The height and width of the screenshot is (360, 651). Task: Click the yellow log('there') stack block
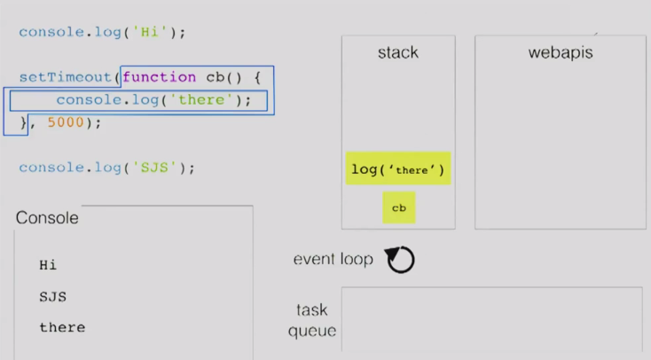tap(398, 168)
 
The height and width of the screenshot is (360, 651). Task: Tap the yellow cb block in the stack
tap(398, 207)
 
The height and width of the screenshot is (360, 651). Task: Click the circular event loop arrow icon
tap(400, 260)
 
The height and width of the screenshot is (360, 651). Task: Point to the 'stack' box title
tap(397, 53)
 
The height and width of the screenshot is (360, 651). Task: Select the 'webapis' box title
tap(560, 53)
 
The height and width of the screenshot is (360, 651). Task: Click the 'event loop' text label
tap(333, 259)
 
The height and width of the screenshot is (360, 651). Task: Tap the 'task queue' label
tap(312, 320)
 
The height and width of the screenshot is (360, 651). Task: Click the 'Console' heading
tap(47, 218)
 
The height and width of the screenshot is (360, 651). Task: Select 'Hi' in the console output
tap(48, 264)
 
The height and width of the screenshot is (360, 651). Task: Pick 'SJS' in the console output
tap(52, 296)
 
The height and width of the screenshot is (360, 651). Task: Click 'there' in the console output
tap(62, 327)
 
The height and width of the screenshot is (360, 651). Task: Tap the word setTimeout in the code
tap(66, 77)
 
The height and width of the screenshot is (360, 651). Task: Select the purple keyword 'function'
tap(159, 77)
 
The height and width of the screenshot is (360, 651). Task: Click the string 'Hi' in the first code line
tap(147, 33)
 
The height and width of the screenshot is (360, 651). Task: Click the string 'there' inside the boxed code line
tap(202, 99)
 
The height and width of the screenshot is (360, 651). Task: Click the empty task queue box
tap(490, 318)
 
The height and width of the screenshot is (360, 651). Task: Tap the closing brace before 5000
tap(24, 122)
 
